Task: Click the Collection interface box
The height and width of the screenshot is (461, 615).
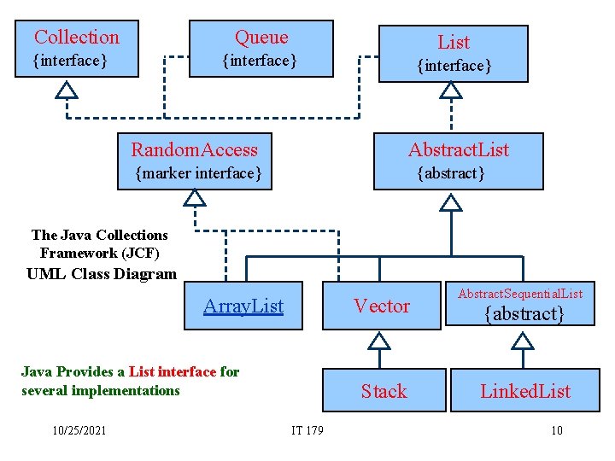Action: tap(77, 49)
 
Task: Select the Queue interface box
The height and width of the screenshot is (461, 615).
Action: tap(261, 49)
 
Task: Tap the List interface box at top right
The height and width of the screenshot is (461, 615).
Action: tap(453, 53)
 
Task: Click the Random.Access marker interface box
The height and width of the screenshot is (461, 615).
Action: tap(195, 160)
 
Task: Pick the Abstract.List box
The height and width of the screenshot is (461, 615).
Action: tap(458, 160)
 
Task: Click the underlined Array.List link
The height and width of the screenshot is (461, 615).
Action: tap(243, 306)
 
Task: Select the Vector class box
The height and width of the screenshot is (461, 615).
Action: tap(381, 306)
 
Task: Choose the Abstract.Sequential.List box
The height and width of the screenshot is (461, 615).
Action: tap(520, 305)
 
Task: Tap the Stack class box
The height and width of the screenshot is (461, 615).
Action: tap(384, 391)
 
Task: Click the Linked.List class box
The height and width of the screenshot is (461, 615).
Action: tap(524, 391)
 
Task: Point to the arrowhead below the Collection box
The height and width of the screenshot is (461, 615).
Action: tap(66, 89)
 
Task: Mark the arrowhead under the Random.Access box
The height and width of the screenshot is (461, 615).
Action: tap(195, 198)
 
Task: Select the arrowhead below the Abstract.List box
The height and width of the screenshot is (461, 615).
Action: tap(450, 201)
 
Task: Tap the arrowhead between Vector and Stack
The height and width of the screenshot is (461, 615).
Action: tap(378, 341)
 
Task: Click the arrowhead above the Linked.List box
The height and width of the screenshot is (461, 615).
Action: tap(521, 341)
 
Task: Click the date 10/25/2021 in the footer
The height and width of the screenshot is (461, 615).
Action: tap(78, 430)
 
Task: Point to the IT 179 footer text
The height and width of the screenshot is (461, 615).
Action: tap(307, 430)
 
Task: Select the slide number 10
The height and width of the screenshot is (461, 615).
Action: tap(556, 430)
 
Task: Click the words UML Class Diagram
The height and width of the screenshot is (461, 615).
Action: tap(102, 274)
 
